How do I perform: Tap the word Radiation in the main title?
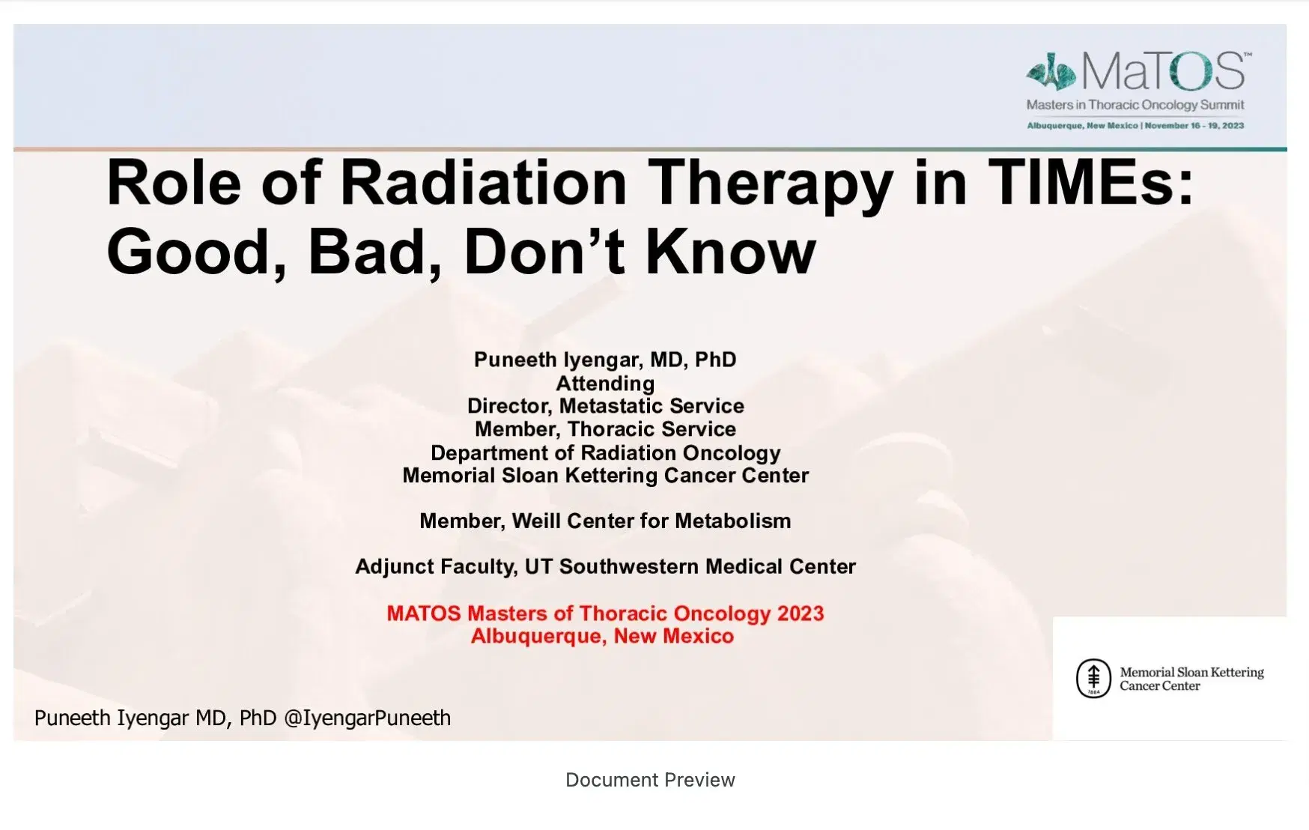483,183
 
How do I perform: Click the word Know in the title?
730,252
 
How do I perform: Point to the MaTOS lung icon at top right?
1051,72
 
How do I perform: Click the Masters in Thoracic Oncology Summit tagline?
1135,105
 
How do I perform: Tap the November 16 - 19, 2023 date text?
1194,126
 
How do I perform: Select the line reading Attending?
605,384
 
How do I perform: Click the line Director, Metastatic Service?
605,406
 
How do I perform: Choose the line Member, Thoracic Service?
605,429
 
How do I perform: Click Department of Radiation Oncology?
605,452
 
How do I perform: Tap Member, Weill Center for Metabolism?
605,521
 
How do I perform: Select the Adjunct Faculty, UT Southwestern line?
605,566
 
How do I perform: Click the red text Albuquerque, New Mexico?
602,636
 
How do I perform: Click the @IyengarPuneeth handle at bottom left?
367,718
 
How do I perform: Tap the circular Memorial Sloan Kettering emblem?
1093,678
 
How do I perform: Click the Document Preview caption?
650,780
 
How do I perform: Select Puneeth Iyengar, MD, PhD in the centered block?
605,360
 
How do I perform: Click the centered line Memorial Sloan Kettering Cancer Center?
605,476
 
